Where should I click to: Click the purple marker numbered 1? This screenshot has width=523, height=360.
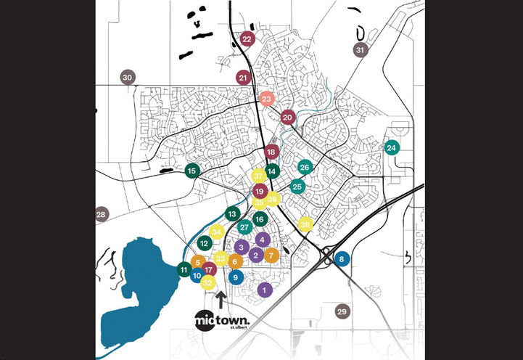(264, 290)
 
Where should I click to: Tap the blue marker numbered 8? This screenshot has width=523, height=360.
(342, 258)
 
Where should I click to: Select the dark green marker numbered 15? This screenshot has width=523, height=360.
(192, 171)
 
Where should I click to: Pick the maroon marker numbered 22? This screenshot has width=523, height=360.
(247, 39)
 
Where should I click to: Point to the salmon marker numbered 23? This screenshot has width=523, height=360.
(266, 99)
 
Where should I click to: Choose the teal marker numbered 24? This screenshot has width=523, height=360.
(392, 148)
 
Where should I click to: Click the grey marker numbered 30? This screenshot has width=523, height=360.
(128, 78)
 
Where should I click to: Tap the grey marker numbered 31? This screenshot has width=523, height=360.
(361, 50)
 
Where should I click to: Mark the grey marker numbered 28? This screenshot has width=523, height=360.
(102, 214)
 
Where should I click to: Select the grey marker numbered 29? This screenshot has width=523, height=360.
(342, 311)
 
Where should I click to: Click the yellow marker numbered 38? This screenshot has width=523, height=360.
(305, 225)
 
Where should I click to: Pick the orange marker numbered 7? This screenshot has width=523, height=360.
(271, 255)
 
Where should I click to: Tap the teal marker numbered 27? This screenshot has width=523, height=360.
(244, 227)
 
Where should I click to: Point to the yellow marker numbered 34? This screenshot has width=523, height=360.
(216, 232)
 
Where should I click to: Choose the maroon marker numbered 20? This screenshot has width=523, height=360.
(287, 117)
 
